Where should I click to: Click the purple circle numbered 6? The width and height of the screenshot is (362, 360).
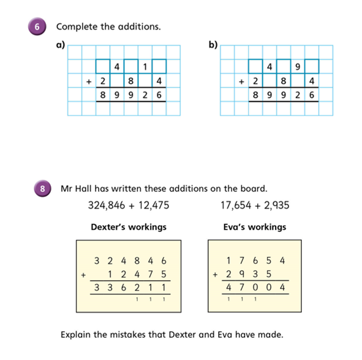tap(37, 26)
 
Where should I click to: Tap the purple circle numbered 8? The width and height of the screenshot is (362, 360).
tap(42, 188)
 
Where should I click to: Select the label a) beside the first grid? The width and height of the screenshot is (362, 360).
tap(61, 45)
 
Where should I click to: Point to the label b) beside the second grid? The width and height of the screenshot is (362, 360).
tap(213, 45)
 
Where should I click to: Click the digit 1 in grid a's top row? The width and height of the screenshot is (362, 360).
tap(145, 67)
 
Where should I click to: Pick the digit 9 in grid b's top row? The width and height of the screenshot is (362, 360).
tap(298, 67)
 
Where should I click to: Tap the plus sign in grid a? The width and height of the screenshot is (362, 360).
tap(89, 82)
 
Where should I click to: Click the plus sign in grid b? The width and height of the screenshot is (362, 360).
tap(241, 82)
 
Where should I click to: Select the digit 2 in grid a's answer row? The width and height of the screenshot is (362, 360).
tap(145, 95)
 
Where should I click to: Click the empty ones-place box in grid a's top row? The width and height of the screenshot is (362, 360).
tap(159, 67)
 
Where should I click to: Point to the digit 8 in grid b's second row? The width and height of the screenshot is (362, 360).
tap(284, 81)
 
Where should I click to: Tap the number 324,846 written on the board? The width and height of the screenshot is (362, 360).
tap(107, 205)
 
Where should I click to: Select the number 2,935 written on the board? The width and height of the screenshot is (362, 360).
tap(277, 205)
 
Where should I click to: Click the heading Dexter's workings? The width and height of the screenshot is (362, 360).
tap(129, 227)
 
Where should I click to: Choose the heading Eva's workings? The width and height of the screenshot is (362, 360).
tap(255, 227)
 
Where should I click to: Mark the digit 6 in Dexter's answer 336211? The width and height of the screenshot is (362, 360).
tap(124, 288)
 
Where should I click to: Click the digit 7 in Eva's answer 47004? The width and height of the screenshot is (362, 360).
tap(242, 288)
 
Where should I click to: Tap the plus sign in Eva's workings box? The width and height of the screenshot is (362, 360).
tap(215, 275)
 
